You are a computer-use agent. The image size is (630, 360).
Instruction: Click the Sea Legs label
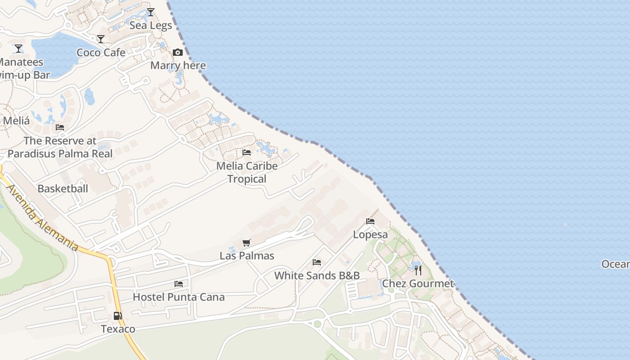pos(151,26)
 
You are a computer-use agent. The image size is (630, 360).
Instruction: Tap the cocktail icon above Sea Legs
pos(151,12)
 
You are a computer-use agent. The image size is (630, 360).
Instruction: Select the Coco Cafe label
pos(101,53)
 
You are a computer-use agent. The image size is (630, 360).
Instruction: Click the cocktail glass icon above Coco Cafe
pos(101,39)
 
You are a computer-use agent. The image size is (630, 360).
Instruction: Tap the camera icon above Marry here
pos(178,52)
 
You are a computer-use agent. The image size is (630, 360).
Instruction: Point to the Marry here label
pos(178,66)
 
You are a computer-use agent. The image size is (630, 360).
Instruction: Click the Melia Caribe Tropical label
pos(247,172)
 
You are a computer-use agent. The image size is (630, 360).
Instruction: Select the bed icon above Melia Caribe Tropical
pos(247,153)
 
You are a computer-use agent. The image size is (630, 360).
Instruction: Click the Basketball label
pos(63,189)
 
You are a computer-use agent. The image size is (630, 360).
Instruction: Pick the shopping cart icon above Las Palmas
pos(246,243)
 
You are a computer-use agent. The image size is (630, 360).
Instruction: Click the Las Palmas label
pos(247,256)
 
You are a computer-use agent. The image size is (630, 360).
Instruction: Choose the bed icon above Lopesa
pos(370,221)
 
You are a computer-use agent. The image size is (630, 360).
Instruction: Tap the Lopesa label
pos(370,234)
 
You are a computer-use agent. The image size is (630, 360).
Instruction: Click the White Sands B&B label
pos(317,275)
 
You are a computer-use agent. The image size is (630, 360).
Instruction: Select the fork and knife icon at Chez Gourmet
pos(418,270)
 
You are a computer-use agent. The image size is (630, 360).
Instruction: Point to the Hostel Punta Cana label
pos(179,297)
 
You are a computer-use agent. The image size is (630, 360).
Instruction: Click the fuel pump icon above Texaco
pos(117,316)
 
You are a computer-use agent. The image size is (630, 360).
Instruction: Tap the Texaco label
pos(118,329)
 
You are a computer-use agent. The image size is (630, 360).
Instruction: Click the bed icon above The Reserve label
pos(60,127)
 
